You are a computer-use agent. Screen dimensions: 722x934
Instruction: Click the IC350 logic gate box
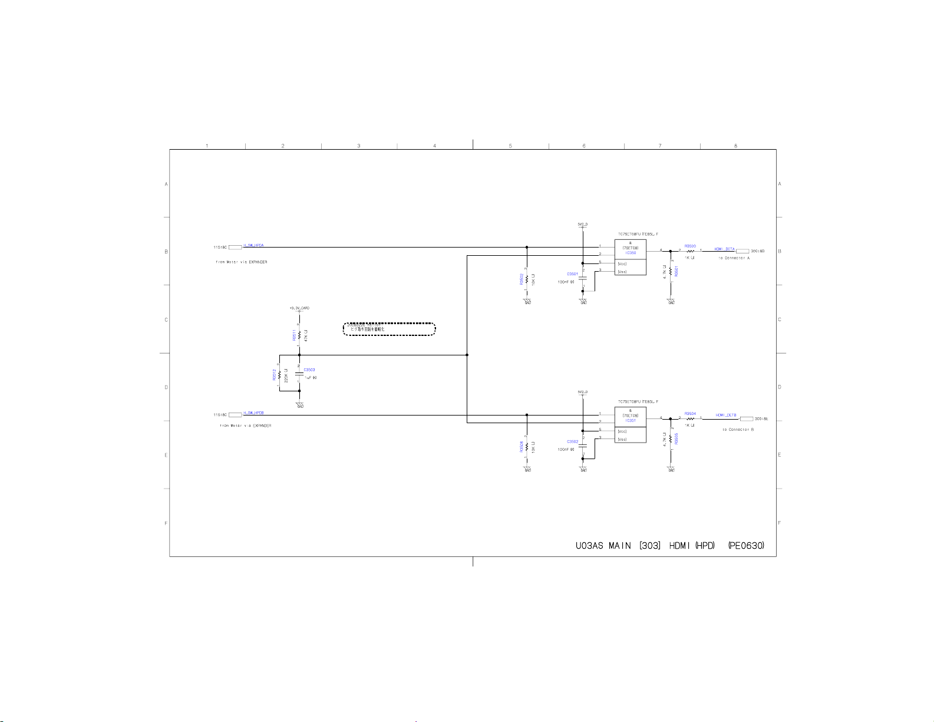[x=630, y=257]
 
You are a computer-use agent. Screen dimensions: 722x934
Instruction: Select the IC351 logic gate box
[x=630, y=424]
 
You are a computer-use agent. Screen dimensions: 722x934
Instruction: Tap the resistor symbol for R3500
[x=690, y=251]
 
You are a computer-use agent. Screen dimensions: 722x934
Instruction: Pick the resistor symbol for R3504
[x=690, y=419]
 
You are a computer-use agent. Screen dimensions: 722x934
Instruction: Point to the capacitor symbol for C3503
[x=299, y=374]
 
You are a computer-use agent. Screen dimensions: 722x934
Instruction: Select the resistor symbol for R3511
[x=299, y=335]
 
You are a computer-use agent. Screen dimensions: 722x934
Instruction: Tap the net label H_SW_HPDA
[x=253, y=245]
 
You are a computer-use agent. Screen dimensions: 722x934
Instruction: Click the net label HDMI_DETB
[x=726, y=415]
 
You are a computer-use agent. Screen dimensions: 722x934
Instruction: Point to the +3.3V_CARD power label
[x=299, y=308]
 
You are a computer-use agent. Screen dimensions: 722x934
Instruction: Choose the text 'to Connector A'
[x=734, y=258]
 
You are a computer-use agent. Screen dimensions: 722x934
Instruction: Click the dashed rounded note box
[x=389, y=329]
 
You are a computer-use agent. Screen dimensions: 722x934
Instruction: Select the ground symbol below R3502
[x=527, y=301]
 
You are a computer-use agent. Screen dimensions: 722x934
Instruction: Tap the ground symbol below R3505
[x=671, y=469]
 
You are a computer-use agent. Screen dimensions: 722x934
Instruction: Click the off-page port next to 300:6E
[x=746, y=419]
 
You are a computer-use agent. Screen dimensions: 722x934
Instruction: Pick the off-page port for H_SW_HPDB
[x=235, y=415]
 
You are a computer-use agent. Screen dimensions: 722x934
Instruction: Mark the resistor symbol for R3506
[x=527, y=447]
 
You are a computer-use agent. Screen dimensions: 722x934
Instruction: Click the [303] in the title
[x=649, y=546]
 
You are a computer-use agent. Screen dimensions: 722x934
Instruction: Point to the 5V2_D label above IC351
[x=582, y=392]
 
